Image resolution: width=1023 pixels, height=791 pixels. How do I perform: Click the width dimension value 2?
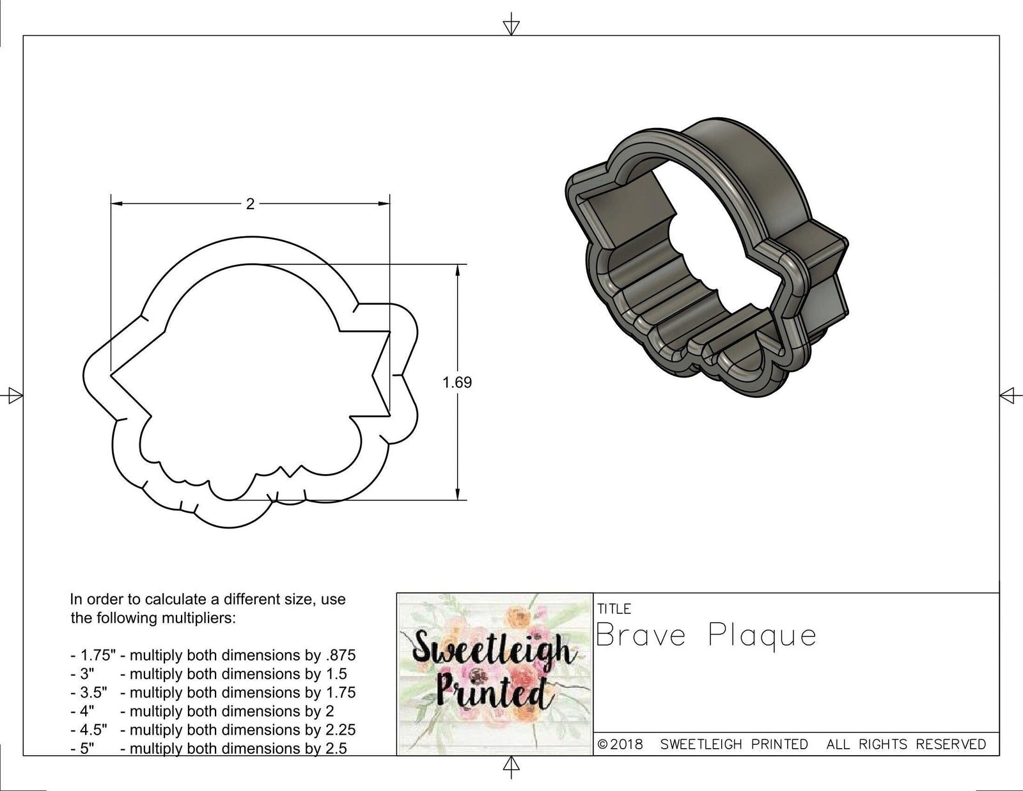click(x=250, y=204)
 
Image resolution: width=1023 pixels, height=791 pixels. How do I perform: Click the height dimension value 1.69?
click(x=457, y=383)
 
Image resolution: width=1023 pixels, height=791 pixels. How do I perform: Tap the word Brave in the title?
click(x=641, y=636)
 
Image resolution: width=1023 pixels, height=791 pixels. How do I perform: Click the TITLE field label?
click(x=614, y=609)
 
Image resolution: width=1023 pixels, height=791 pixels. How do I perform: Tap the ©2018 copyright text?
click(x=620, y=744)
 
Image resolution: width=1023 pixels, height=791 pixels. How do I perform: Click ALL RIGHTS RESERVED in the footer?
click(x=907, y=744)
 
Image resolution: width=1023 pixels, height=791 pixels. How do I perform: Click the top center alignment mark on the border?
click(x=511, y=26)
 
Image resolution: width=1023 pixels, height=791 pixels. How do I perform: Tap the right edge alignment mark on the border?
click(x=1008, y=395)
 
